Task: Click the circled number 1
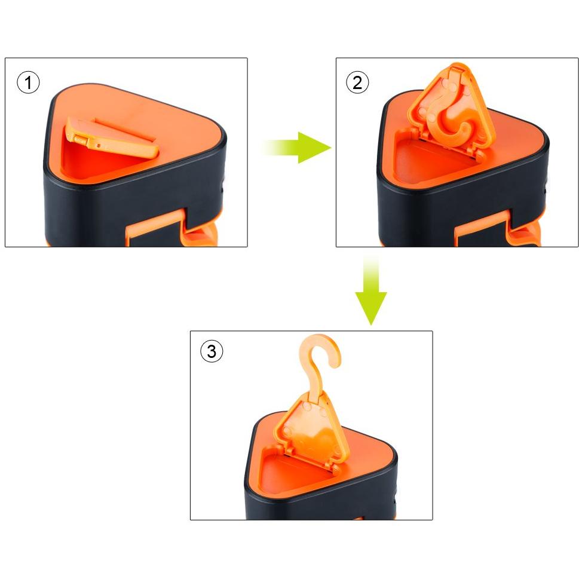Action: [28, 82]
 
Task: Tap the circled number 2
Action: [357, 82]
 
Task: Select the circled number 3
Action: [212, 351]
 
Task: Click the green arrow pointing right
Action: [298, 148]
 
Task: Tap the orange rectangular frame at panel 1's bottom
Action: [155, 229]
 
